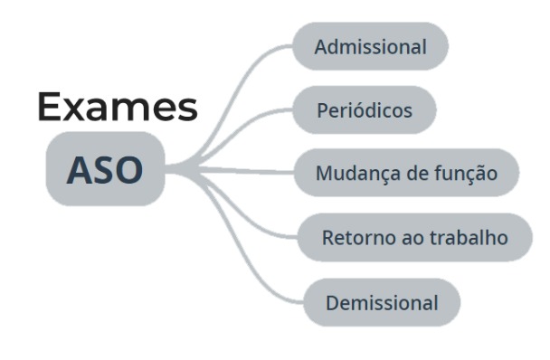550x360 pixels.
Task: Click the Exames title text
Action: [118, 108]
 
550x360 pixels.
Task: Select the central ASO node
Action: [105, 169]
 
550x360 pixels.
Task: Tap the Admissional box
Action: [370, 47]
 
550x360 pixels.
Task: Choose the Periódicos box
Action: [365, 110]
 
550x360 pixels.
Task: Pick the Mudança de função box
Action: [405, 174]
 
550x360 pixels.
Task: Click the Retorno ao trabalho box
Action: [414, 238]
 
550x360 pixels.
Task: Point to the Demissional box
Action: [381, 302]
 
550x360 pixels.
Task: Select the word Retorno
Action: [353, 238]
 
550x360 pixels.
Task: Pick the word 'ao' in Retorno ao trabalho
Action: [405, 238]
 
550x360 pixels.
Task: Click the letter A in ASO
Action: [81, 169]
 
